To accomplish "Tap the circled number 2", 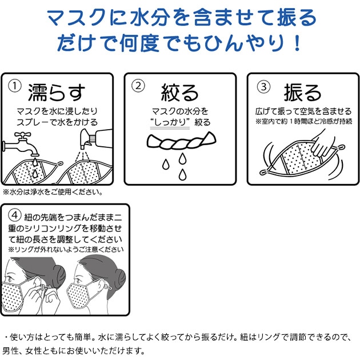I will tap(139, 87).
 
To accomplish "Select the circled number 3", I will tap(262, 87).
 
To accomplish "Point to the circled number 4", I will tap(16, 217).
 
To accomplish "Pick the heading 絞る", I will tap(180, 92).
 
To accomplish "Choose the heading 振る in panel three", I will tap(303, 92).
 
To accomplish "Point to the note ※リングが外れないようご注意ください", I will tap(66, 250).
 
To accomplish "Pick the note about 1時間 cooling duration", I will tap(303, 122).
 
